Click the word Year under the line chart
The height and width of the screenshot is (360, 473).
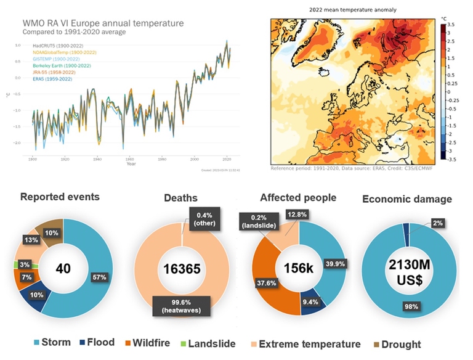(x=131, y=163)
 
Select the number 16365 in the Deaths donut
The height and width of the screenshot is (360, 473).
(x=182, y=269)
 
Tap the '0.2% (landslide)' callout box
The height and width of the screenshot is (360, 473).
(x=261, y=220)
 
